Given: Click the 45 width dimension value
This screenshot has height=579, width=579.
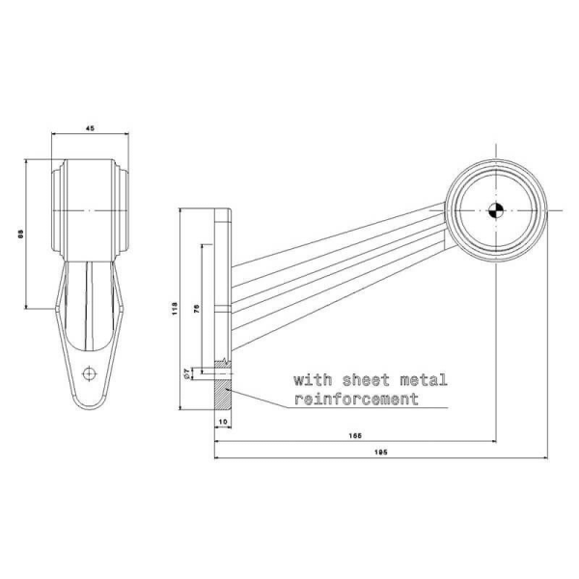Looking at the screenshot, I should (90, 125).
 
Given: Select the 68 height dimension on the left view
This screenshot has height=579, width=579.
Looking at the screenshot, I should (21, 234).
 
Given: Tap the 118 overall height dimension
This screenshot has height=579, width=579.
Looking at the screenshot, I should (174, 309).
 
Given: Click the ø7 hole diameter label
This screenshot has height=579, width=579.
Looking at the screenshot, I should (185, 372).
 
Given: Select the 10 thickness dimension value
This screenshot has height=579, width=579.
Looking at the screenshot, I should (221, 423).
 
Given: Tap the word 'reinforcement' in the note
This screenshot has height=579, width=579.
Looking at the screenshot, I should (356, 399).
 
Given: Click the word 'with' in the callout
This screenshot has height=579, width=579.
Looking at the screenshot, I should (311, 380).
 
